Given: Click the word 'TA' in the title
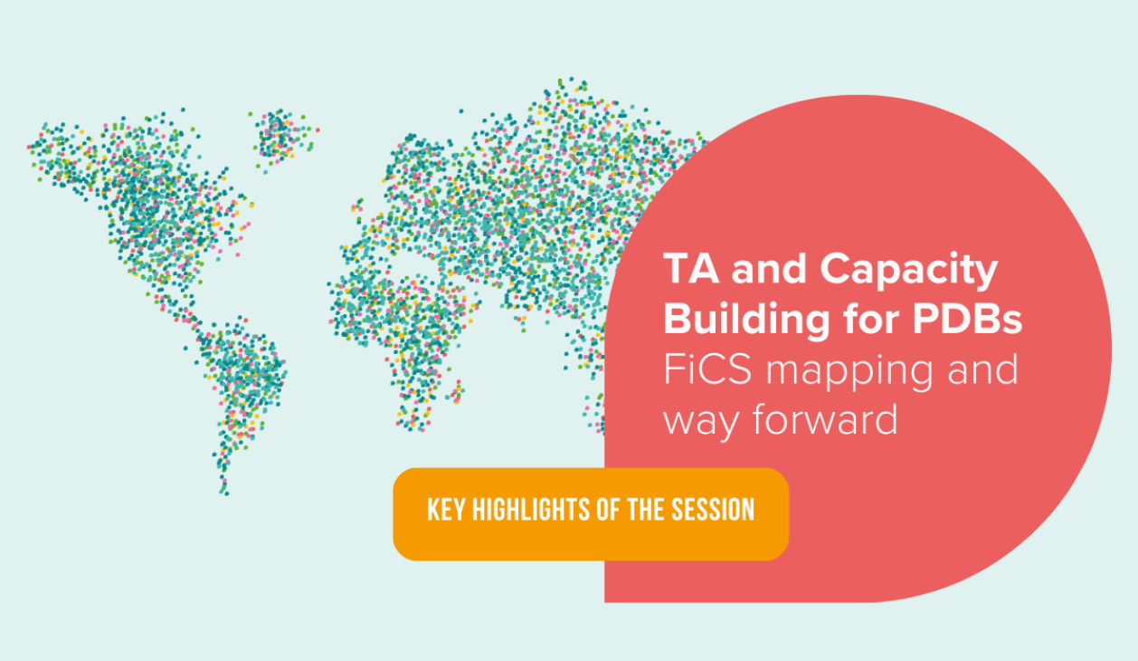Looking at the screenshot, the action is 691,268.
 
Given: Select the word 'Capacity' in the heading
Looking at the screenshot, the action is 909,272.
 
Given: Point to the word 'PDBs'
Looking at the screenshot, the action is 967,320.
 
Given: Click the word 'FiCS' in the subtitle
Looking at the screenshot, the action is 707,369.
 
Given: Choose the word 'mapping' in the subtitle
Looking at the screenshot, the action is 849,373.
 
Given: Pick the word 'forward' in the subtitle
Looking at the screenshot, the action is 825,419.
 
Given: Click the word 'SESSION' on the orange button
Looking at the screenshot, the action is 713,510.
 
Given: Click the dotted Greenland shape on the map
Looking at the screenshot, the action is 281,135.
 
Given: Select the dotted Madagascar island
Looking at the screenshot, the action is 456,391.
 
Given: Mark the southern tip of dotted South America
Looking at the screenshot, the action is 225,493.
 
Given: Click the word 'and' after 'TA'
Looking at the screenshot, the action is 769,269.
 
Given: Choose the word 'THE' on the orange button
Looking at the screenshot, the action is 646,510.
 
